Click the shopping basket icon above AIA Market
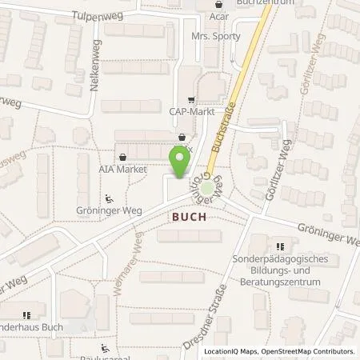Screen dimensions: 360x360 pyautogui.click(x=122, y=157)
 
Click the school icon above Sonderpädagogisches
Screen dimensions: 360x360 pyautogui.click(x=279, y=247)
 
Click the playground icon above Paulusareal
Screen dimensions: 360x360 pyautogui.click(x=104, y=348)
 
